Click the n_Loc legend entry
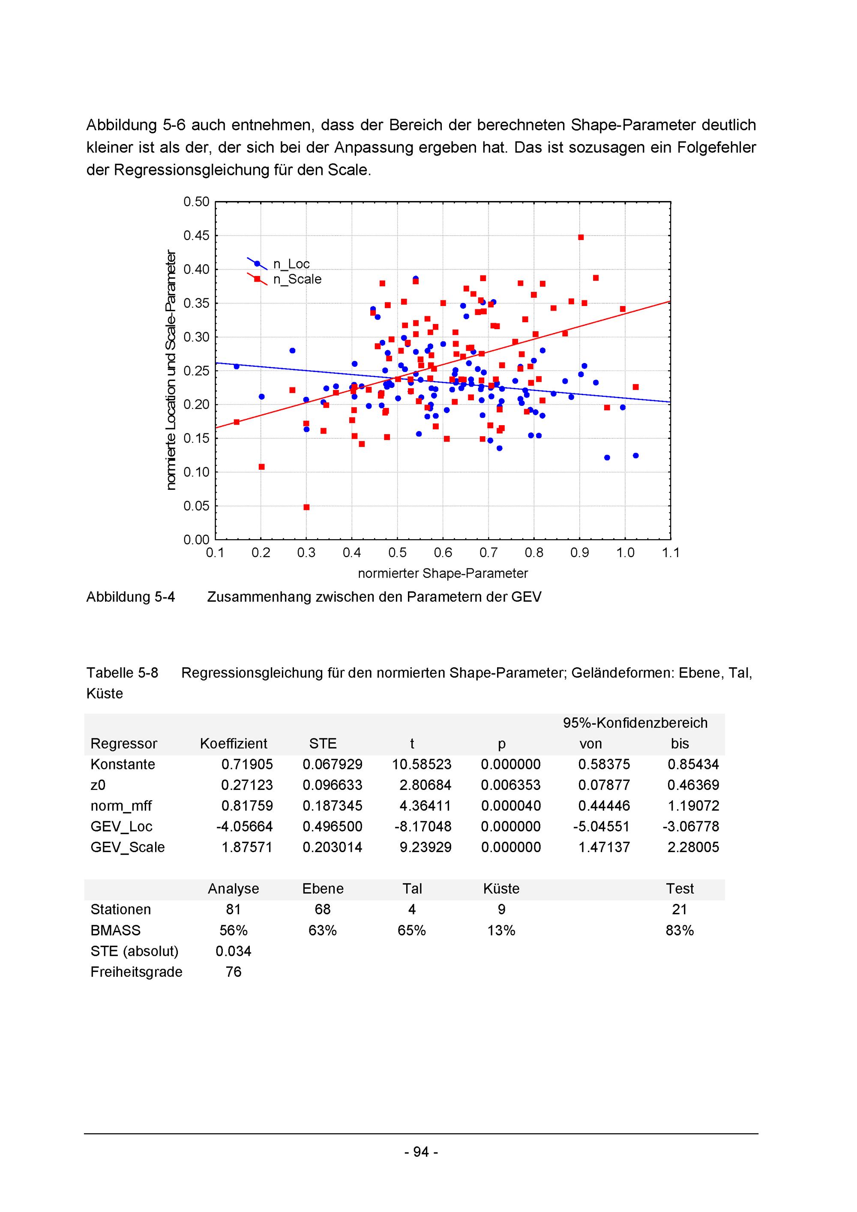point(291,264)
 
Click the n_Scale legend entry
point(297,279)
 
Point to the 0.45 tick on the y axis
point(196,235)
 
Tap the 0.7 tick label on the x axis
point(488,553)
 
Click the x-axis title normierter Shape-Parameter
point(443,573)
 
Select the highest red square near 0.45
point(581,237)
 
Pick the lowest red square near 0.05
point(307,507)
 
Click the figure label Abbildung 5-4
point(130,597)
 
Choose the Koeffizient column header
point(233,744)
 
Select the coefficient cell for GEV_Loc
point(244,827)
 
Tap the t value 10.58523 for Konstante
point(421,765)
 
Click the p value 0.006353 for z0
point(510,785)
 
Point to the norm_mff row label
point(121,806)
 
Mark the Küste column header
point(501,889)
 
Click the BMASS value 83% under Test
point(680,931)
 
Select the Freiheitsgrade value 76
point(233,972)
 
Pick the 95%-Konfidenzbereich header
point(635,723)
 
